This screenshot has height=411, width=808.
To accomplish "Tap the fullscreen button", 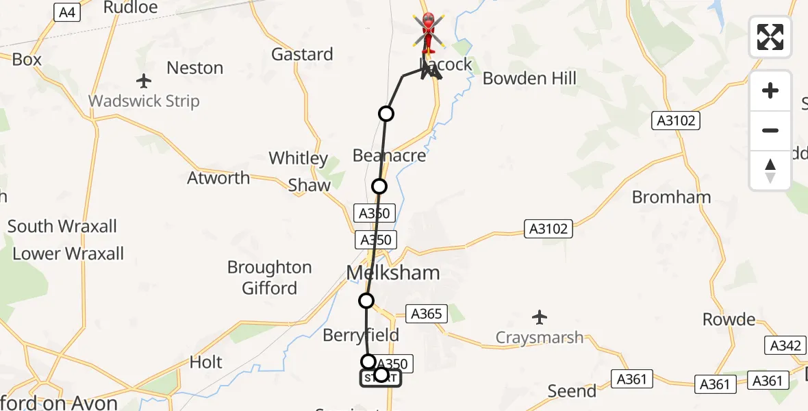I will pyautogui.click(x=770, y=37).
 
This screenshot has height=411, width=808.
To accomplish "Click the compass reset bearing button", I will pyautogui.click(x=770, y=171).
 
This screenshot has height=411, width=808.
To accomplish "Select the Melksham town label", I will pyautogui.click(x=392, y=273).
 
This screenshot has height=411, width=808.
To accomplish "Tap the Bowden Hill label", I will pyautogui.click(x=529, y=78).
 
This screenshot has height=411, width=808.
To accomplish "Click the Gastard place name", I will pyautogui.click(x=302, y=54).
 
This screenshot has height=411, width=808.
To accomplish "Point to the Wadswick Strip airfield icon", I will pyautogui.click(x=144, y=82).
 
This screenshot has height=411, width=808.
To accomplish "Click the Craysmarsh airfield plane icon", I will pyautogui.click(x=540, y=317).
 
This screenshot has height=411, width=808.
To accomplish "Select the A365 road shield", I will pyautogui.click(x=427, y=314).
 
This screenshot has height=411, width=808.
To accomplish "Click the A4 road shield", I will pyautogui.click(x=66, y=12).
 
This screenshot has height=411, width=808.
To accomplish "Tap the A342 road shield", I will pyautogui.click(x=785, y=346).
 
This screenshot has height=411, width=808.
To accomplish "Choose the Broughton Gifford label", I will pyautogui.click(x=269, y=277).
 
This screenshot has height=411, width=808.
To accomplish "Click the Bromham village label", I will pyautogui.click(x=671, y=197).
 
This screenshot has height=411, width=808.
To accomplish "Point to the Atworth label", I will pyautogui.click(x=218, y=178).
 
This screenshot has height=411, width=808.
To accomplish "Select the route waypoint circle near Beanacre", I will pyautogui.click(x=379, y=186).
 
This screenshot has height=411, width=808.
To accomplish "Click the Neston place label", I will pyautogui.click(x=195, y=68).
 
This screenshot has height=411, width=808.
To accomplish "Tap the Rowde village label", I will pyautogui.click(x=729, y=319).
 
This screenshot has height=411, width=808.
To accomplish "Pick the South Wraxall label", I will pyautogui.click(x=62, y=226).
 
